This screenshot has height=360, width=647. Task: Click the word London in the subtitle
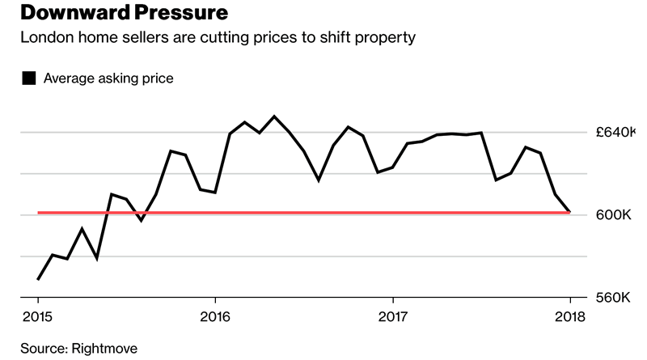tap(45, 38)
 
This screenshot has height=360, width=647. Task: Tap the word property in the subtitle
tap(391, 38)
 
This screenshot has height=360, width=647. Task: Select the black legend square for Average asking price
tap(29, 78)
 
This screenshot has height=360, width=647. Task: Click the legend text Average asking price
tap(108, 78)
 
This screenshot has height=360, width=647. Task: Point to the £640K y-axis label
tap(614, 132)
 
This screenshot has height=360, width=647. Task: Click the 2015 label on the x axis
tap(37, 316)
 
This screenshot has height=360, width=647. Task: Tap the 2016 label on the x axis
tap(214, 316)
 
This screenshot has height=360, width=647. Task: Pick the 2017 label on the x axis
tap(393, 316)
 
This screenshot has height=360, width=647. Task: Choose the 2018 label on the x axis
tap(571, 316)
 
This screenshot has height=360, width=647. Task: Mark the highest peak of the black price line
tap(274, 116)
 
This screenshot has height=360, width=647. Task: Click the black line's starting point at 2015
tap(38, 279)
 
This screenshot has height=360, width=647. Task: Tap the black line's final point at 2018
tap(570, 212)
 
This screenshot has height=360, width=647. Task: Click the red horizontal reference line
tap(323, 213)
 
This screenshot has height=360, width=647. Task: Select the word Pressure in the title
tap(177, 14)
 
